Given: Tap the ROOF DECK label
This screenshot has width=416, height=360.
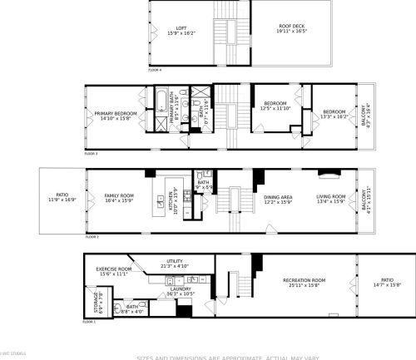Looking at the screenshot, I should click(290, 30).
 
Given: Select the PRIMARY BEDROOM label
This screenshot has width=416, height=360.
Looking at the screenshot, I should click(115, 115).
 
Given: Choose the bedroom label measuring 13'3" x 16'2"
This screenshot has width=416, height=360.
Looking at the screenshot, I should click(334, 114).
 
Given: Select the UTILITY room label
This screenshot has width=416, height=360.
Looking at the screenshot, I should click(175, 263).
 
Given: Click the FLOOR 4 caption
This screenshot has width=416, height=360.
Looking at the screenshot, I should click(156, 70).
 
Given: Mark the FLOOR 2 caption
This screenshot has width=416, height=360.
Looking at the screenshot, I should click(92, 237).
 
